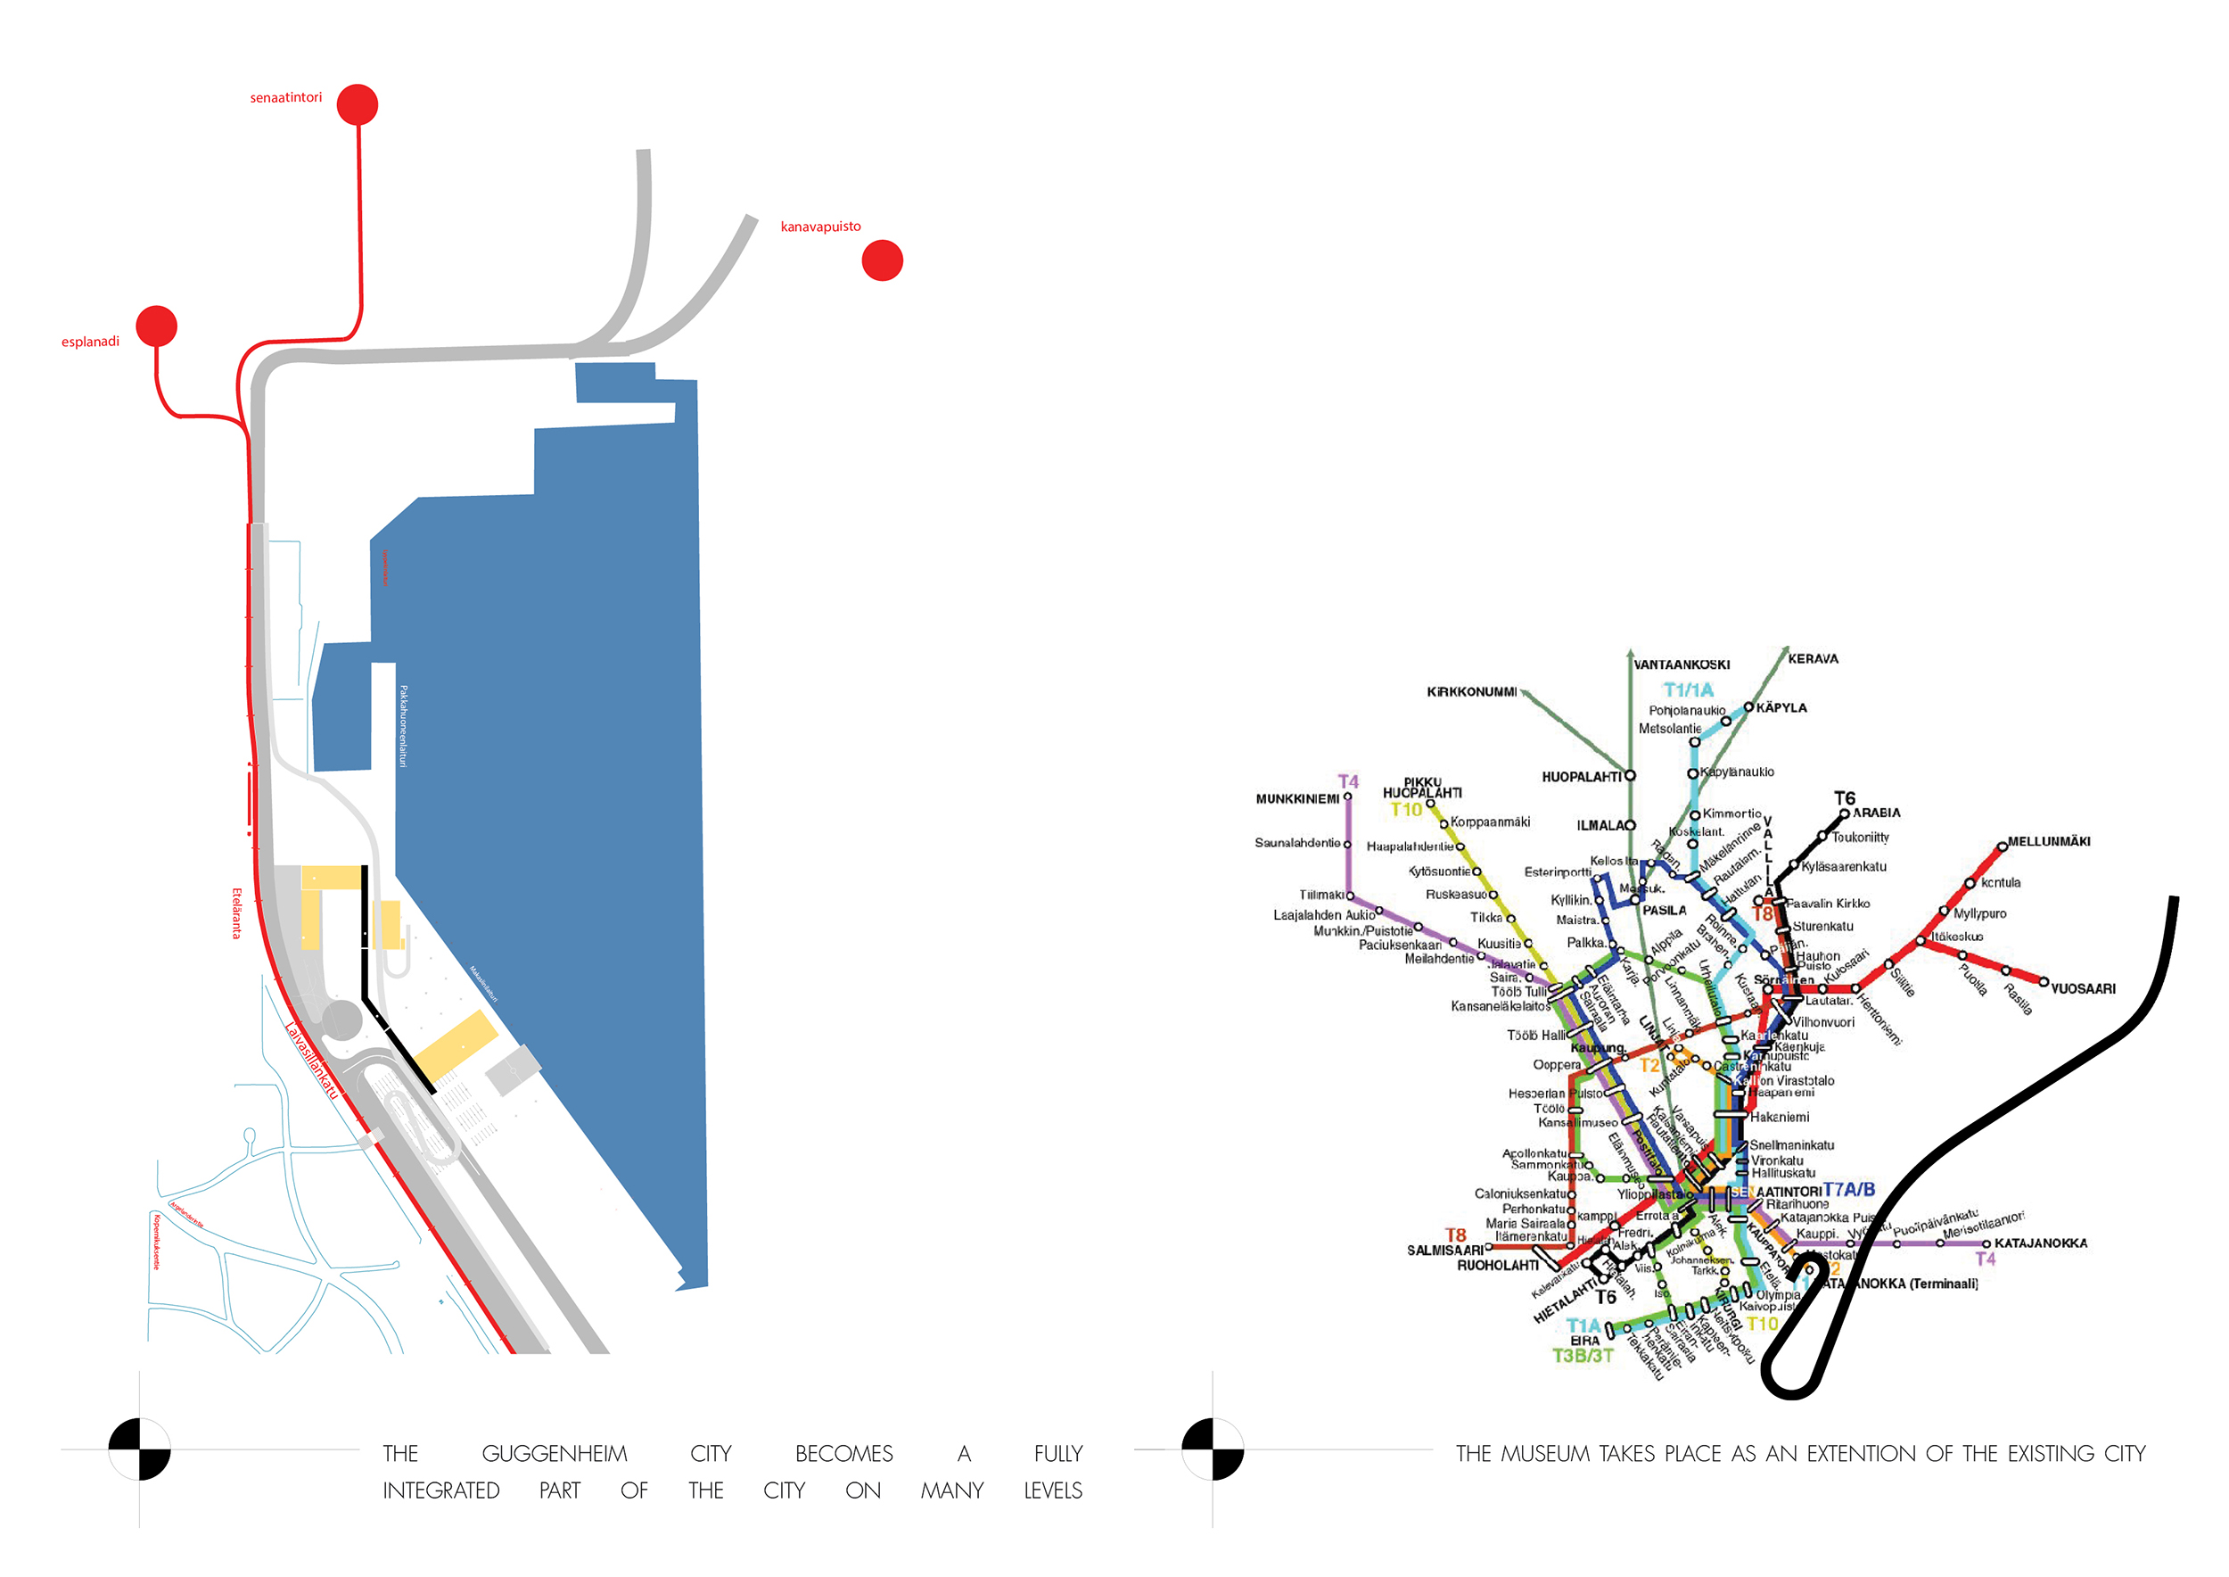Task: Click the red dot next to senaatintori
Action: pos(358,105)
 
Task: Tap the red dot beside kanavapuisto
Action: pos(883,260)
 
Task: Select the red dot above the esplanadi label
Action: pos(156,326)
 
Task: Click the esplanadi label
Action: pos(90,342)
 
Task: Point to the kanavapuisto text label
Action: pos(820,227)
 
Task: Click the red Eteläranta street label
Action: pos(236,912)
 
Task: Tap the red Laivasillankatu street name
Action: pos(313,1061)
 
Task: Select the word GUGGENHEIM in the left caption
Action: pos(555,1454)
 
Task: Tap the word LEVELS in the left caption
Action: pos(1052,1490)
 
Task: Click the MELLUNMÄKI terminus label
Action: pos(2048,842)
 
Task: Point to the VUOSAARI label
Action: pos(2083,989)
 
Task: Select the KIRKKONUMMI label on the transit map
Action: pos(1471,692)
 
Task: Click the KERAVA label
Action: pos(1813,659)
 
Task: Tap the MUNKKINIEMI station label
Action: pos(1297,799)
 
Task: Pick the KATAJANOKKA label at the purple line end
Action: pos(2041,1243)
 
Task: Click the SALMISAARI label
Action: pos(1444,1251)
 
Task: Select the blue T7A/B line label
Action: pos(1848,1190)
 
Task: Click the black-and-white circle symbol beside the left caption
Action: pos(140,1449)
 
